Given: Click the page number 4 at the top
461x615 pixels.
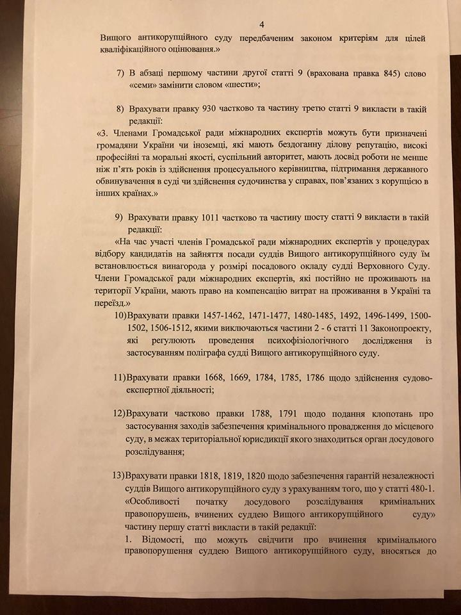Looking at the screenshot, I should coord(238,19).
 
